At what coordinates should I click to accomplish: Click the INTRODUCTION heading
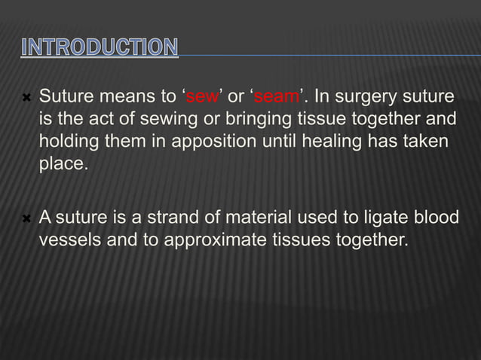(x=100, y=47)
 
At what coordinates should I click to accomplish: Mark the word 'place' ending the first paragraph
(x=61, y=163)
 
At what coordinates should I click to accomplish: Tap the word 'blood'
(x=437, y=218)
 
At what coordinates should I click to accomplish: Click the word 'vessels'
(x=66, y=241)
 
